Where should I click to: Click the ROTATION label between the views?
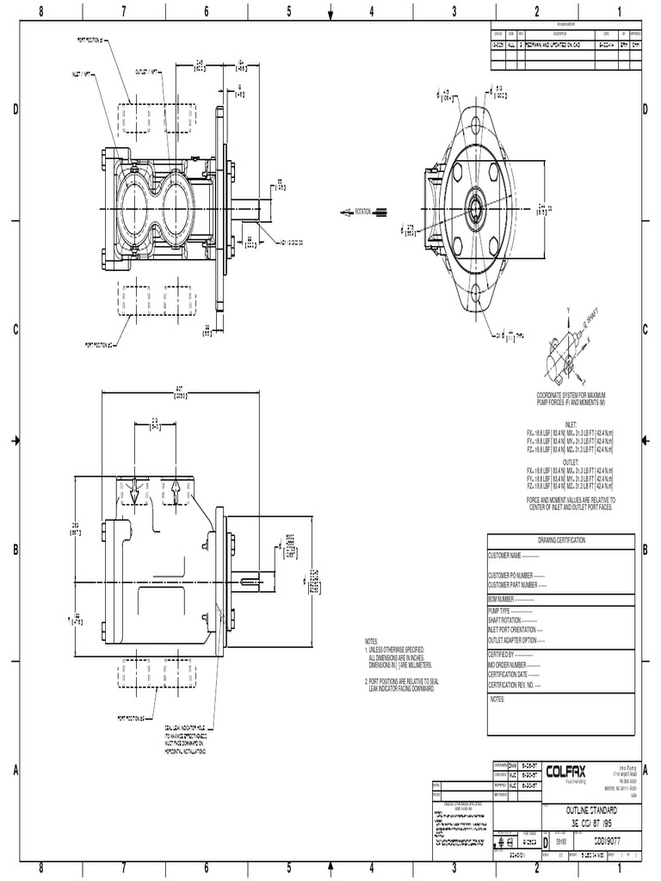[x=367, y=212]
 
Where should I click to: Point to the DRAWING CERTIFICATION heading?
[x=561, y=539]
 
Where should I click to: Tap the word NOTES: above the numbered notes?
[x=371, y=642]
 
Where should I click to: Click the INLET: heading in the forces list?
[x=569, y=413]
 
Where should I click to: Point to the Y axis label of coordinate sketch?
[x=568, y=309]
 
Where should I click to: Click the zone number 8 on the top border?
[x=41, y=11]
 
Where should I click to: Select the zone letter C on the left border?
[x=15, y=330]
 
